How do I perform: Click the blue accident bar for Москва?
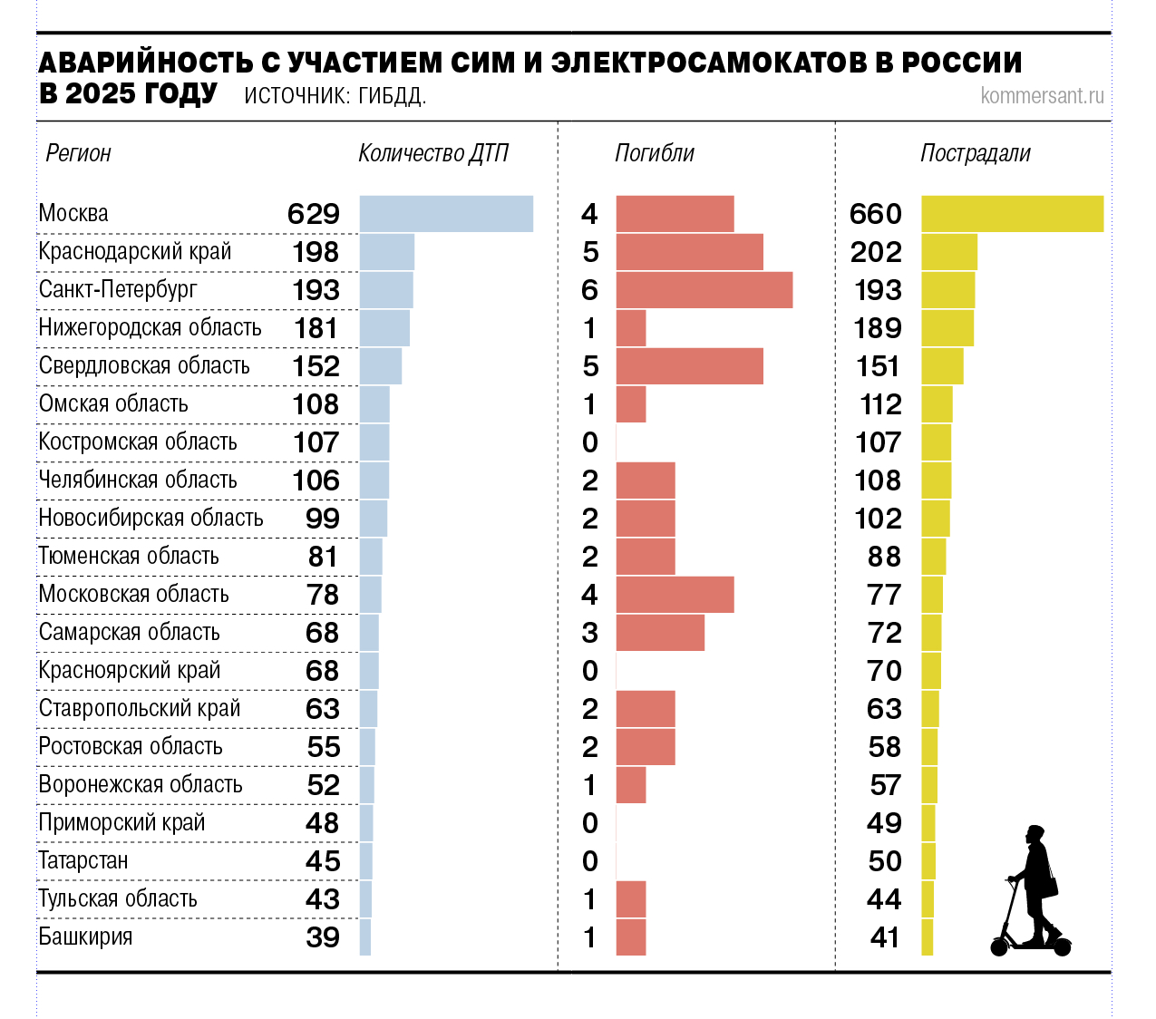446,214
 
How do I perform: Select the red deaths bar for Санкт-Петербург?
704,290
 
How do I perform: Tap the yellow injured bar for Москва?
1012,214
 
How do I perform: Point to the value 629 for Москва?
314,214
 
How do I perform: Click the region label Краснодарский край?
135,252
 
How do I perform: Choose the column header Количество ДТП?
433,153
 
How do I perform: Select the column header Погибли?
655,153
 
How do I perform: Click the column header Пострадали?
976,153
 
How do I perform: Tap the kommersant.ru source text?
1042,95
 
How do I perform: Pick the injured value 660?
876,214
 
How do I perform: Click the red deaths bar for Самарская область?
660,633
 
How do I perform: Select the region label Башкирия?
85,937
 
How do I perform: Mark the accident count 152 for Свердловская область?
316,366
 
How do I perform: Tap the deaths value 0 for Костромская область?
590,442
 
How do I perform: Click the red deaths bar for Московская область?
675,595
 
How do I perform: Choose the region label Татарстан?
83,861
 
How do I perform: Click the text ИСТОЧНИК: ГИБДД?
335,96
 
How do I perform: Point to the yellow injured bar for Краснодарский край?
949,252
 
